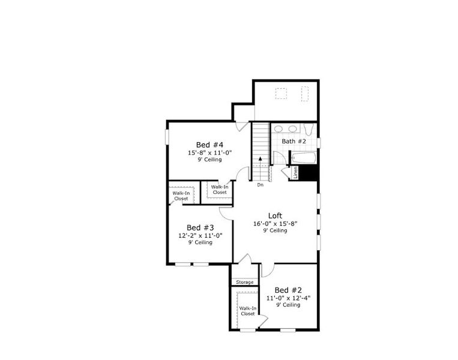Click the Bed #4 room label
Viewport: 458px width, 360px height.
pyautogui.click(x=209, y=145)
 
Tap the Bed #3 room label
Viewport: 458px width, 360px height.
pyautogui.click(x=200, y=227)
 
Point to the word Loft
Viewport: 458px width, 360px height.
pyautogui.click(x=276, y=215)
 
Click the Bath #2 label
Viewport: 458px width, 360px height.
pyautogui.click(x=294, y=141)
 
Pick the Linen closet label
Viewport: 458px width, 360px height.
pyautogui.click(x=295, y=172)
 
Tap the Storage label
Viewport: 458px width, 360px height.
pyautogui.click(x=244, y=282)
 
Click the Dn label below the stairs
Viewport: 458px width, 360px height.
pyautogui.click(x=261, y=185)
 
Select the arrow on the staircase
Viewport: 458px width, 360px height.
pyautogui.click(x=260, y=159)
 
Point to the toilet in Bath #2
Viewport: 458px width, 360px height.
pyautogui.click(x=307, y=130)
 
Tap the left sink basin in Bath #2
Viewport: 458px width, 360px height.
pyautogui.click(x=279, y=128)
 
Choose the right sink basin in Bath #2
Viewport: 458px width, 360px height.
pyautogui.click(x=292, y=128)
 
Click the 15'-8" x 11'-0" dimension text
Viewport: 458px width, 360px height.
pyautogui.click(x=209, y=152)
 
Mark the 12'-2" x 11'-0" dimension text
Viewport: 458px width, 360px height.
pyautogui.click(x=200, y=235)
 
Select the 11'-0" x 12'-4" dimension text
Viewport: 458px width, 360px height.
pyautogui.click(x=288, y=298)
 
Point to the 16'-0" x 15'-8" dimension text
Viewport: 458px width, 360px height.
pyautogui.click(x=276, y=223)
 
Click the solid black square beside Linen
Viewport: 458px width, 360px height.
pyautogui.click(x=308, y=172)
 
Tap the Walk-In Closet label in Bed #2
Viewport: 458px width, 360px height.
pyautogui.click(x=248, y=311)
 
